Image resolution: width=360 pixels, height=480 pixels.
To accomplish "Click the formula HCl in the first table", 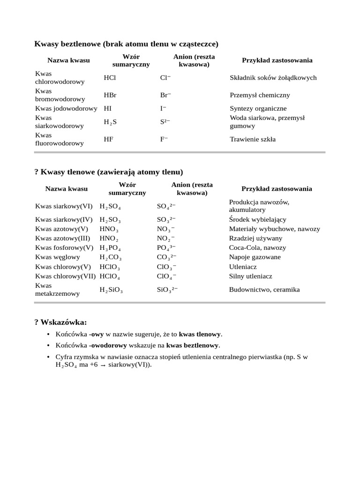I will click(x=109, y=78).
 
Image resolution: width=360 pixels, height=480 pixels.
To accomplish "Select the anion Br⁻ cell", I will click(x=165, y=95).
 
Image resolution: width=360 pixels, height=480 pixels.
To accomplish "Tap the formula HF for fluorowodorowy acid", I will click(x=108, y=139).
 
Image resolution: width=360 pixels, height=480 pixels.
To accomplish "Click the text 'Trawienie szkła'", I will click(x=253, y=139).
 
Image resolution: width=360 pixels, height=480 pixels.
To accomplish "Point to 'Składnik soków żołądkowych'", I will click(x=273, y=78).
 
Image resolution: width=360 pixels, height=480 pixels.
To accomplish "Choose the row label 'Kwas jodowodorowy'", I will click(x=66, y=108).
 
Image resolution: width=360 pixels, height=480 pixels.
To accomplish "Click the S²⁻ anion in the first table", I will click(x=165, y=122).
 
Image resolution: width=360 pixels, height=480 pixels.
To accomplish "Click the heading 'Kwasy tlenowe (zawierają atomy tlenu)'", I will click(x=109, y=172).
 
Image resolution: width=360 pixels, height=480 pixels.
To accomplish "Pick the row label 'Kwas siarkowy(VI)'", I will click(x=64, y=206).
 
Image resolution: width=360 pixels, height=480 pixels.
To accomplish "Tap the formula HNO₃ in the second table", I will click(x=109, y=229).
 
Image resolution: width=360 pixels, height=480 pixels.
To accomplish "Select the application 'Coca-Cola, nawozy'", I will click(x=257, y=247).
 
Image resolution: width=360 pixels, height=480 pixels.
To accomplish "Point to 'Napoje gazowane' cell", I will click(x=255, y=257).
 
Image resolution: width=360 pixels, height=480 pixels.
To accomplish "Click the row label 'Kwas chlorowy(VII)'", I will click(x=66, y=276).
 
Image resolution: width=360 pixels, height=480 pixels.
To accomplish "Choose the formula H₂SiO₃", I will click(x=111, y=290).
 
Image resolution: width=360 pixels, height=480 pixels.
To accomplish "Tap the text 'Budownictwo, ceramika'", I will click(x=264, y=290).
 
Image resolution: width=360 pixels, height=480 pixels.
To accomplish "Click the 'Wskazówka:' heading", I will click(x=60, y=322).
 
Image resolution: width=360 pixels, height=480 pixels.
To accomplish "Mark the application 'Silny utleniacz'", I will click(x=250, y=276).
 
